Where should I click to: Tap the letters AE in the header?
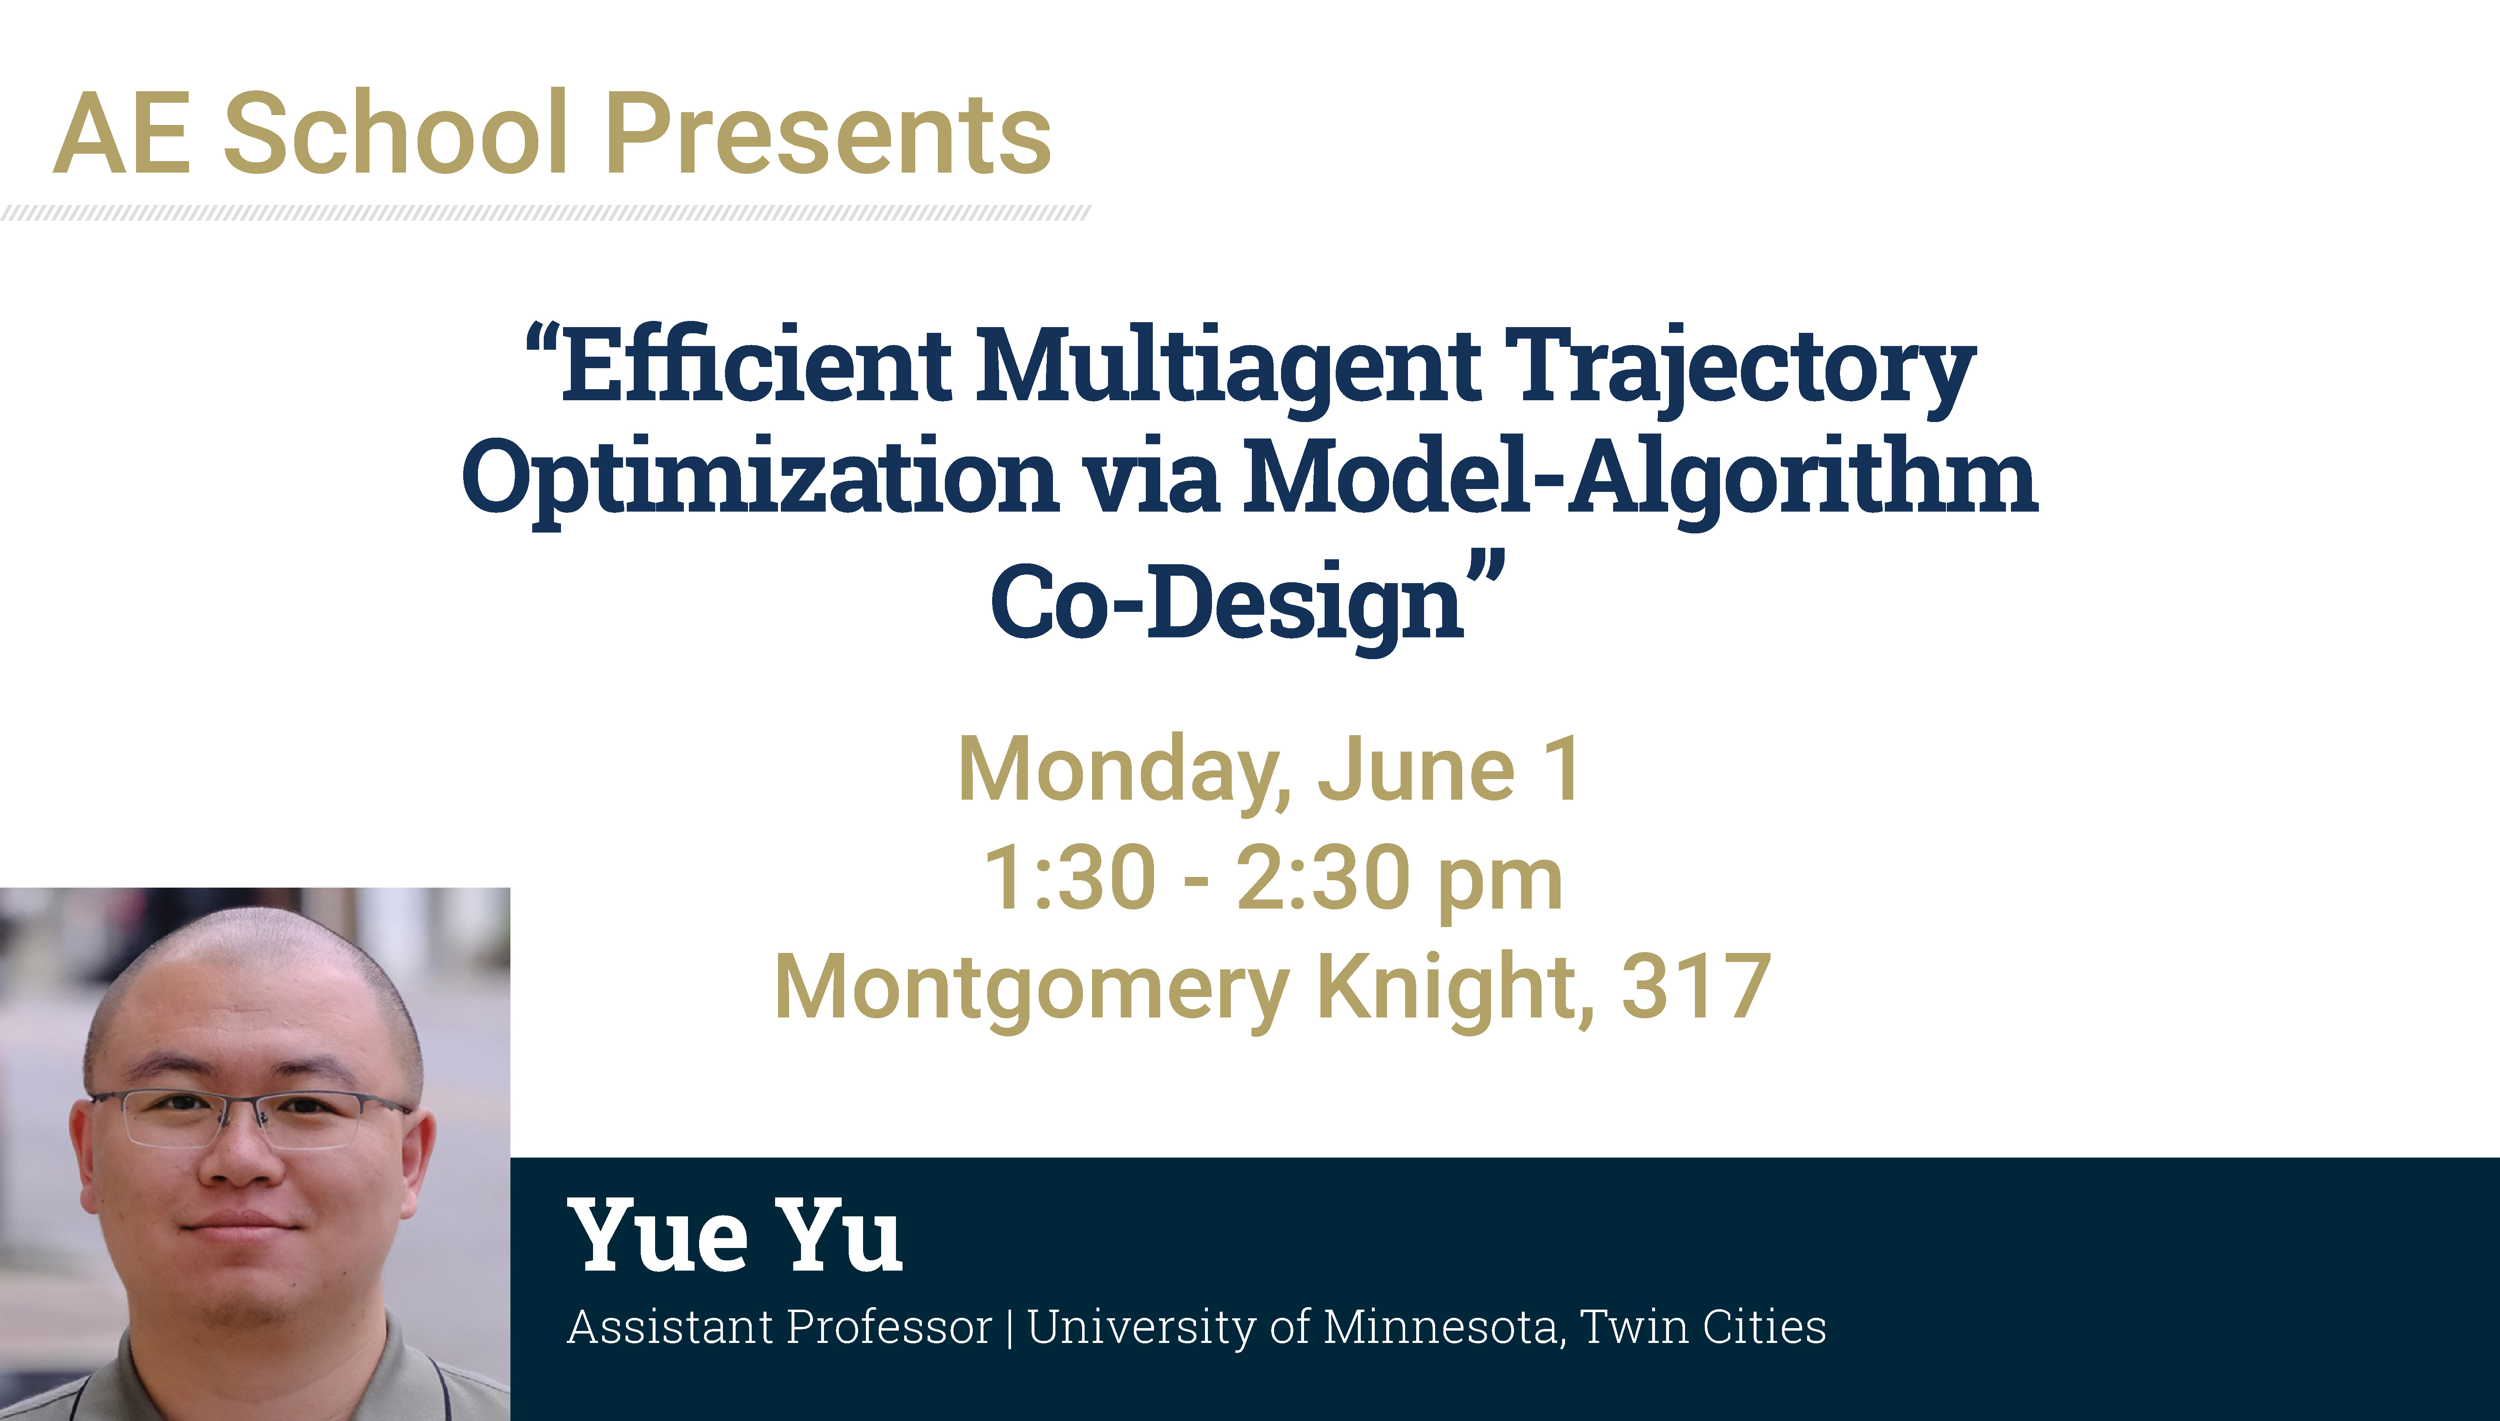point(121,134)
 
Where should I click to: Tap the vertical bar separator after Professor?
point(1009,1328)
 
